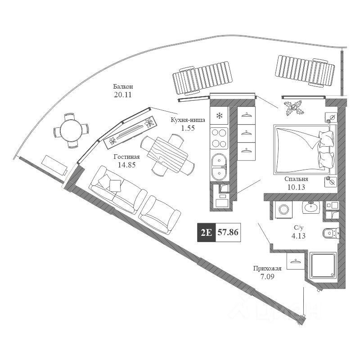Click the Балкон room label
pos(123,87)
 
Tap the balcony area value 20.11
pos(123,94)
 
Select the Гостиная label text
pos(127,157)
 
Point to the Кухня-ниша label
pos(188,120)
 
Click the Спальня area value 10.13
pos(296,187)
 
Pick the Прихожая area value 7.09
pos(267,276)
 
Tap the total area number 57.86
pos(228,232)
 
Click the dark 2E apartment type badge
pos(207,232)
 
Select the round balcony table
pos(71,130)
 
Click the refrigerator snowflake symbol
pos(220,116)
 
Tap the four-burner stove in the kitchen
pos(219,138)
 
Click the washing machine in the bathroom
pos(284,209)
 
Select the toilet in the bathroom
pos(331,233)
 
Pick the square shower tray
pos(323,265)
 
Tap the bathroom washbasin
pos(311,207)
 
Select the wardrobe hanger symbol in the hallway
pos(296,261)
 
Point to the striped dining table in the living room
pos(167,155)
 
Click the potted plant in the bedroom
pos(294,108)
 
